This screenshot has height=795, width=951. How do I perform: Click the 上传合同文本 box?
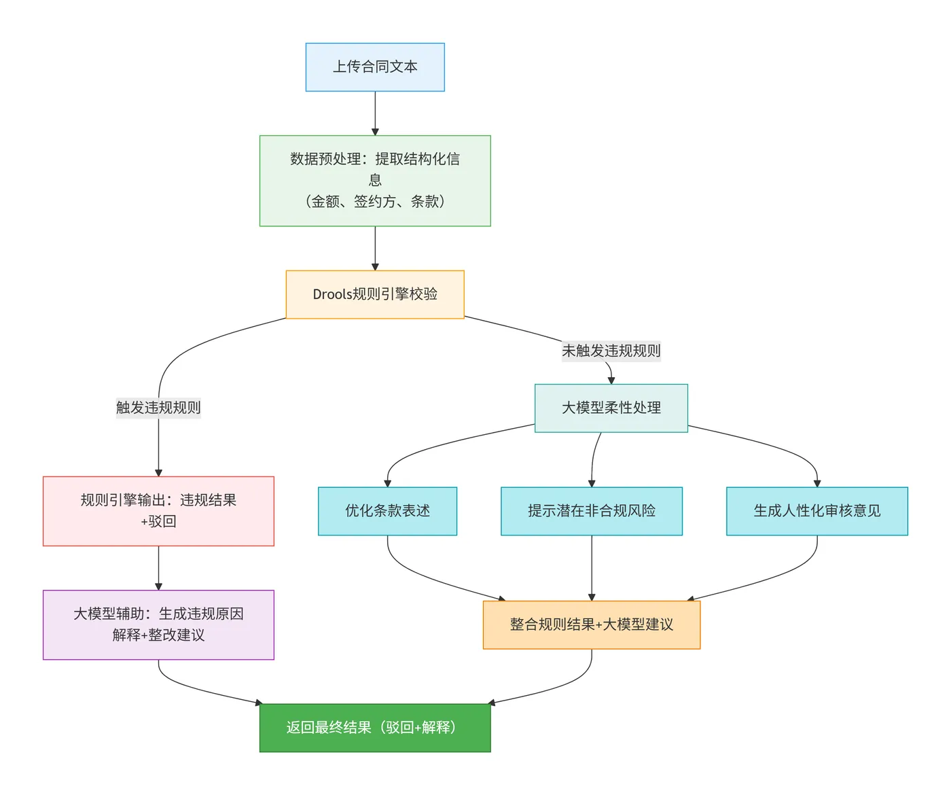[375, 67]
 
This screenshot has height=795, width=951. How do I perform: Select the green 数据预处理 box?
[375, 180]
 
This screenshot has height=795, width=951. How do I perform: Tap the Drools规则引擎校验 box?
[375, 294]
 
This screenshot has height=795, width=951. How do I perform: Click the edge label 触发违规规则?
[158, 408]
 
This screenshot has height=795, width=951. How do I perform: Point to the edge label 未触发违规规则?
[611, 351]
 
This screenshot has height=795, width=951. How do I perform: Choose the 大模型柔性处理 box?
[611, 408]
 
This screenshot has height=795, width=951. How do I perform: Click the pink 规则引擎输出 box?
[158, 511]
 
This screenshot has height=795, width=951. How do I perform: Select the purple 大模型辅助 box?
[158, 624]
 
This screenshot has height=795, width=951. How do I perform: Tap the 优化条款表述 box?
[387, 511]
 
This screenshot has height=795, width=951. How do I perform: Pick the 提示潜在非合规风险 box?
[591, 511]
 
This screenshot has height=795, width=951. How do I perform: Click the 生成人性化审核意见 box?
[817, 511]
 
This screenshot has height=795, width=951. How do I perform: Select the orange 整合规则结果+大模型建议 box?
[591, 624]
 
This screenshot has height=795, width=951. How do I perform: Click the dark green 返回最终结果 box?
[375, 728]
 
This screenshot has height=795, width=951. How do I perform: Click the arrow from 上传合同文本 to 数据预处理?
[375, 113]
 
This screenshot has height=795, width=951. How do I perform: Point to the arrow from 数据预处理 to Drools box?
[375, 248]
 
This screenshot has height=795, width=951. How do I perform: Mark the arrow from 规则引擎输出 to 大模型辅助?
[158, 567]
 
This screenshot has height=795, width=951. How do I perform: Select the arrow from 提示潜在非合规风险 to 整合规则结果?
[591, 567]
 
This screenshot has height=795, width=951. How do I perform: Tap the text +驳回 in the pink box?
[158, 522]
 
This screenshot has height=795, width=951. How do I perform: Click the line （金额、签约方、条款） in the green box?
[375, 201]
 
